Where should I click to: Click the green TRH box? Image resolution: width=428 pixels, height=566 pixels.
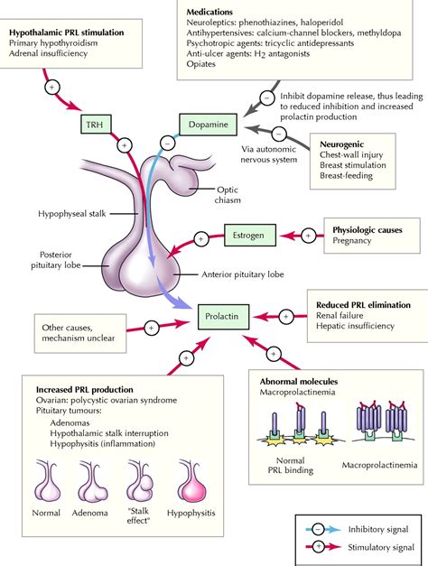[96, 125]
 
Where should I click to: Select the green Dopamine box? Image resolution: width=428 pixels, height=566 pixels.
[208, 125]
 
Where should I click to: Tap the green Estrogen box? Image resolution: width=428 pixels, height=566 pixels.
[250, 236]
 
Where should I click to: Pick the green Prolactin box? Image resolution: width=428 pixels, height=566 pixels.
[223, 317]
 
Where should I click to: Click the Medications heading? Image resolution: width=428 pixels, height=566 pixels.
[209, 12]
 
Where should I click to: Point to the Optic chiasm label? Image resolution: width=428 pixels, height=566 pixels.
[228, 195]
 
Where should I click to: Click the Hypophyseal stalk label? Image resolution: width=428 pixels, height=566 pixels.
[72, 214]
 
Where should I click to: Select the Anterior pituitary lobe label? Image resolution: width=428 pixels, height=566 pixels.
[243, 274]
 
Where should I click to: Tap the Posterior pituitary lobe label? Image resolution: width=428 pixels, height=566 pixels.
[56, 260]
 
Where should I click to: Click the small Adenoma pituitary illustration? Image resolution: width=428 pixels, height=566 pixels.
[92, 482]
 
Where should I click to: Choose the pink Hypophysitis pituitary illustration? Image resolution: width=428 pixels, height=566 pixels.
[191, 481]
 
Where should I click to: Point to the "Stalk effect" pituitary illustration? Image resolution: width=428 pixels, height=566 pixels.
[139, 481]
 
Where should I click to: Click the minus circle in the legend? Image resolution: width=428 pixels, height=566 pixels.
[318, 530]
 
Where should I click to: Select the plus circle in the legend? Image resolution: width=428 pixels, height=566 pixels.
[318, 547]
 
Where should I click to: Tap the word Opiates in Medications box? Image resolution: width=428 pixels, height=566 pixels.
[200, 64]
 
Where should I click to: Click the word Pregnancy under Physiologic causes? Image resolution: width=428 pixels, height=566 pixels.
[352, 241]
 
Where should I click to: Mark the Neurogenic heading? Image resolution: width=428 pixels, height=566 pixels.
[341, 144]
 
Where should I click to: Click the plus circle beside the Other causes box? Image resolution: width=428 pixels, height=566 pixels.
[152, 328]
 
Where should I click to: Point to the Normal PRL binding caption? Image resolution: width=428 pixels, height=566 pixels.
[291, 465]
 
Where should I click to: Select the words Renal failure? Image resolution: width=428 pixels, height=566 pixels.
[340, 315]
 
